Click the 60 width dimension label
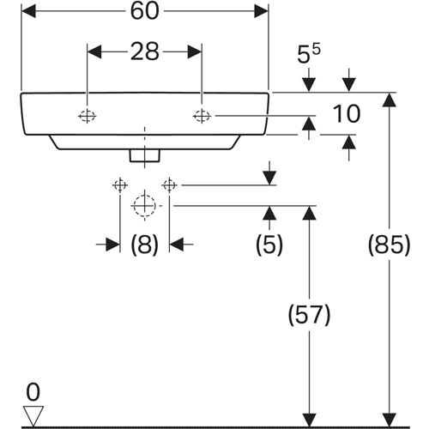tap(144, 11)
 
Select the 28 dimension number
tap(144, 51)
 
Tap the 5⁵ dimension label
tap(309, 54)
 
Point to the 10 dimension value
tap(347, 114)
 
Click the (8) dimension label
tap(144, 245)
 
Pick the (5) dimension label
tap(269, 245)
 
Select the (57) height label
tap(309, 315)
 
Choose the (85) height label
tap(389, 245)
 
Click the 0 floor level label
tap(33, 392)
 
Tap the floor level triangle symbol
tap(33, 416)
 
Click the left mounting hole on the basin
tap(88, 116)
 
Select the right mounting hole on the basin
tap(202, 116)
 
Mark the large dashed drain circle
tap(145, 206)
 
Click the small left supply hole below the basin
tap(120, 185)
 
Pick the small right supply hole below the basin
tap(169, 185)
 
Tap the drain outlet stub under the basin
tap(145, 155)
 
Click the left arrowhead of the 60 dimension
tap(28, 11)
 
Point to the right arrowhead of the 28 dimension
tap(195, 51)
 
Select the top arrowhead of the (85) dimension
tap(389, 100)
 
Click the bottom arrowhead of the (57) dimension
tap(309, 420)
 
